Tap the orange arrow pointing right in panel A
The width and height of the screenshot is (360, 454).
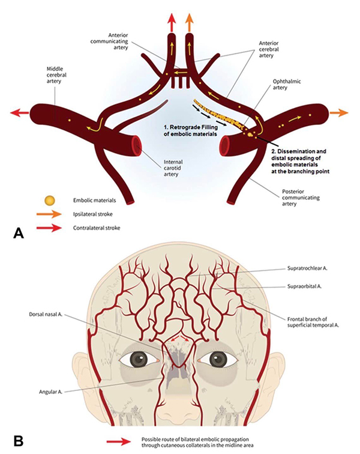[x=339, y=112]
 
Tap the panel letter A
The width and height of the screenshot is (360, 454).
[x=17, y=233]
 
